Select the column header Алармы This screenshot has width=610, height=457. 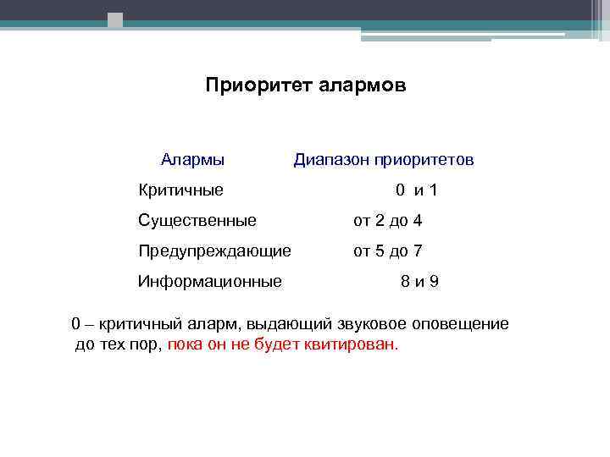[x=192, y=160]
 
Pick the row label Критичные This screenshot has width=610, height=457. [x=180, y=190]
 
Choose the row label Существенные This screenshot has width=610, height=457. [x=197, y=221]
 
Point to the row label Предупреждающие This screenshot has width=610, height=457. [x=214, y=251]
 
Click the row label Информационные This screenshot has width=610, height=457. [x=210, y=281]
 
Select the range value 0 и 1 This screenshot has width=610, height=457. [x=416, y=190]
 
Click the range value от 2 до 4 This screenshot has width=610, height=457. [x=388, y=221]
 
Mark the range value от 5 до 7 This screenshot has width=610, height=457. [x=388, y=251]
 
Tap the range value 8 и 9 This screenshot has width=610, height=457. [x=419, y=281]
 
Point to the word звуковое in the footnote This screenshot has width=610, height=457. [x=373, y=324]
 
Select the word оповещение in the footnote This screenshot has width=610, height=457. [x=461, y=324]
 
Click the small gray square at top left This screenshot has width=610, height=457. [x=115, y=19]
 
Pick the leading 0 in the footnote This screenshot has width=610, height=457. [x=76, y=324]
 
